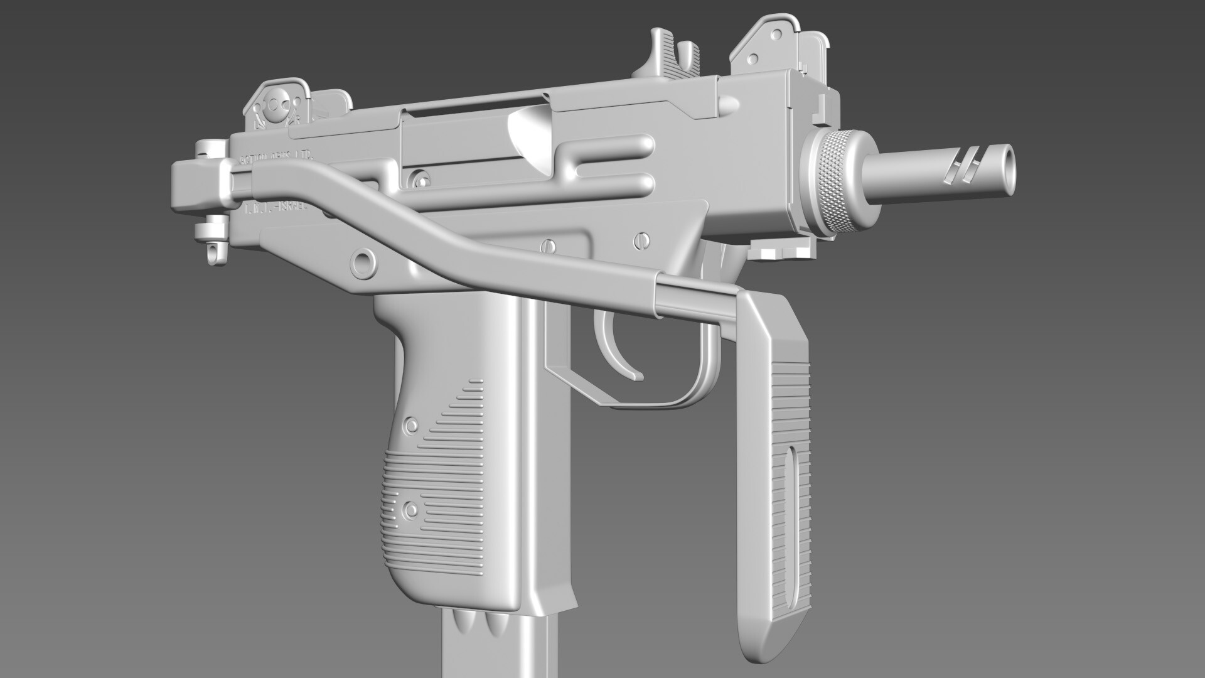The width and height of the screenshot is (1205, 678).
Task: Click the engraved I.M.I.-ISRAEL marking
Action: [276, 208]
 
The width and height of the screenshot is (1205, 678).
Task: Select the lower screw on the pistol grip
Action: [411, 508]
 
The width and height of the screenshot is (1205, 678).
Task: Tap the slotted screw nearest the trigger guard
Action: [641, 239]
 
